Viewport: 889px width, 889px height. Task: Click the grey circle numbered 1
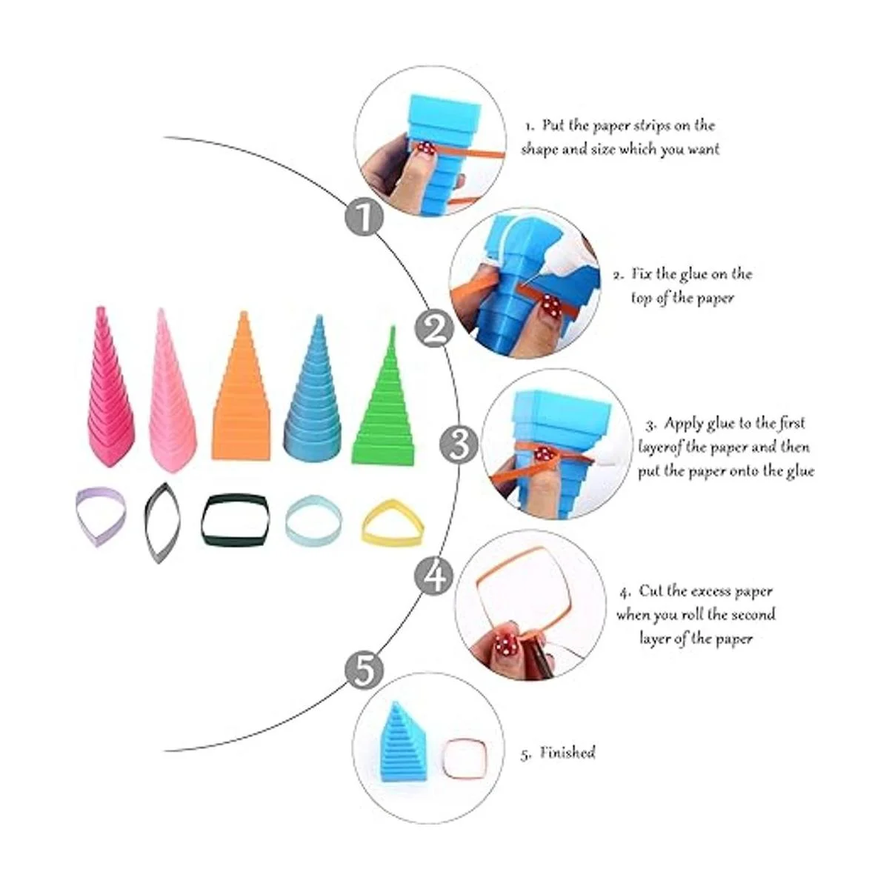364,217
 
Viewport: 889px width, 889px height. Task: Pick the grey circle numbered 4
434,576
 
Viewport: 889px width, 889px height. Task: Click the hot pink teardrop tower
110,387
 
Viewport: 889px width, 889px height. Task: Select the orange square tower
240,387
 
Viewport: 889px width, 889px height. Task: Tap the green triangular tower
384,397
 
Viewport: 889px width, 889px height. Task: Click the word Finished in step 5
567,753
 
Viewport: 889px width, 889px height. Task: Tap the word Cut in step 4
652,591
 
